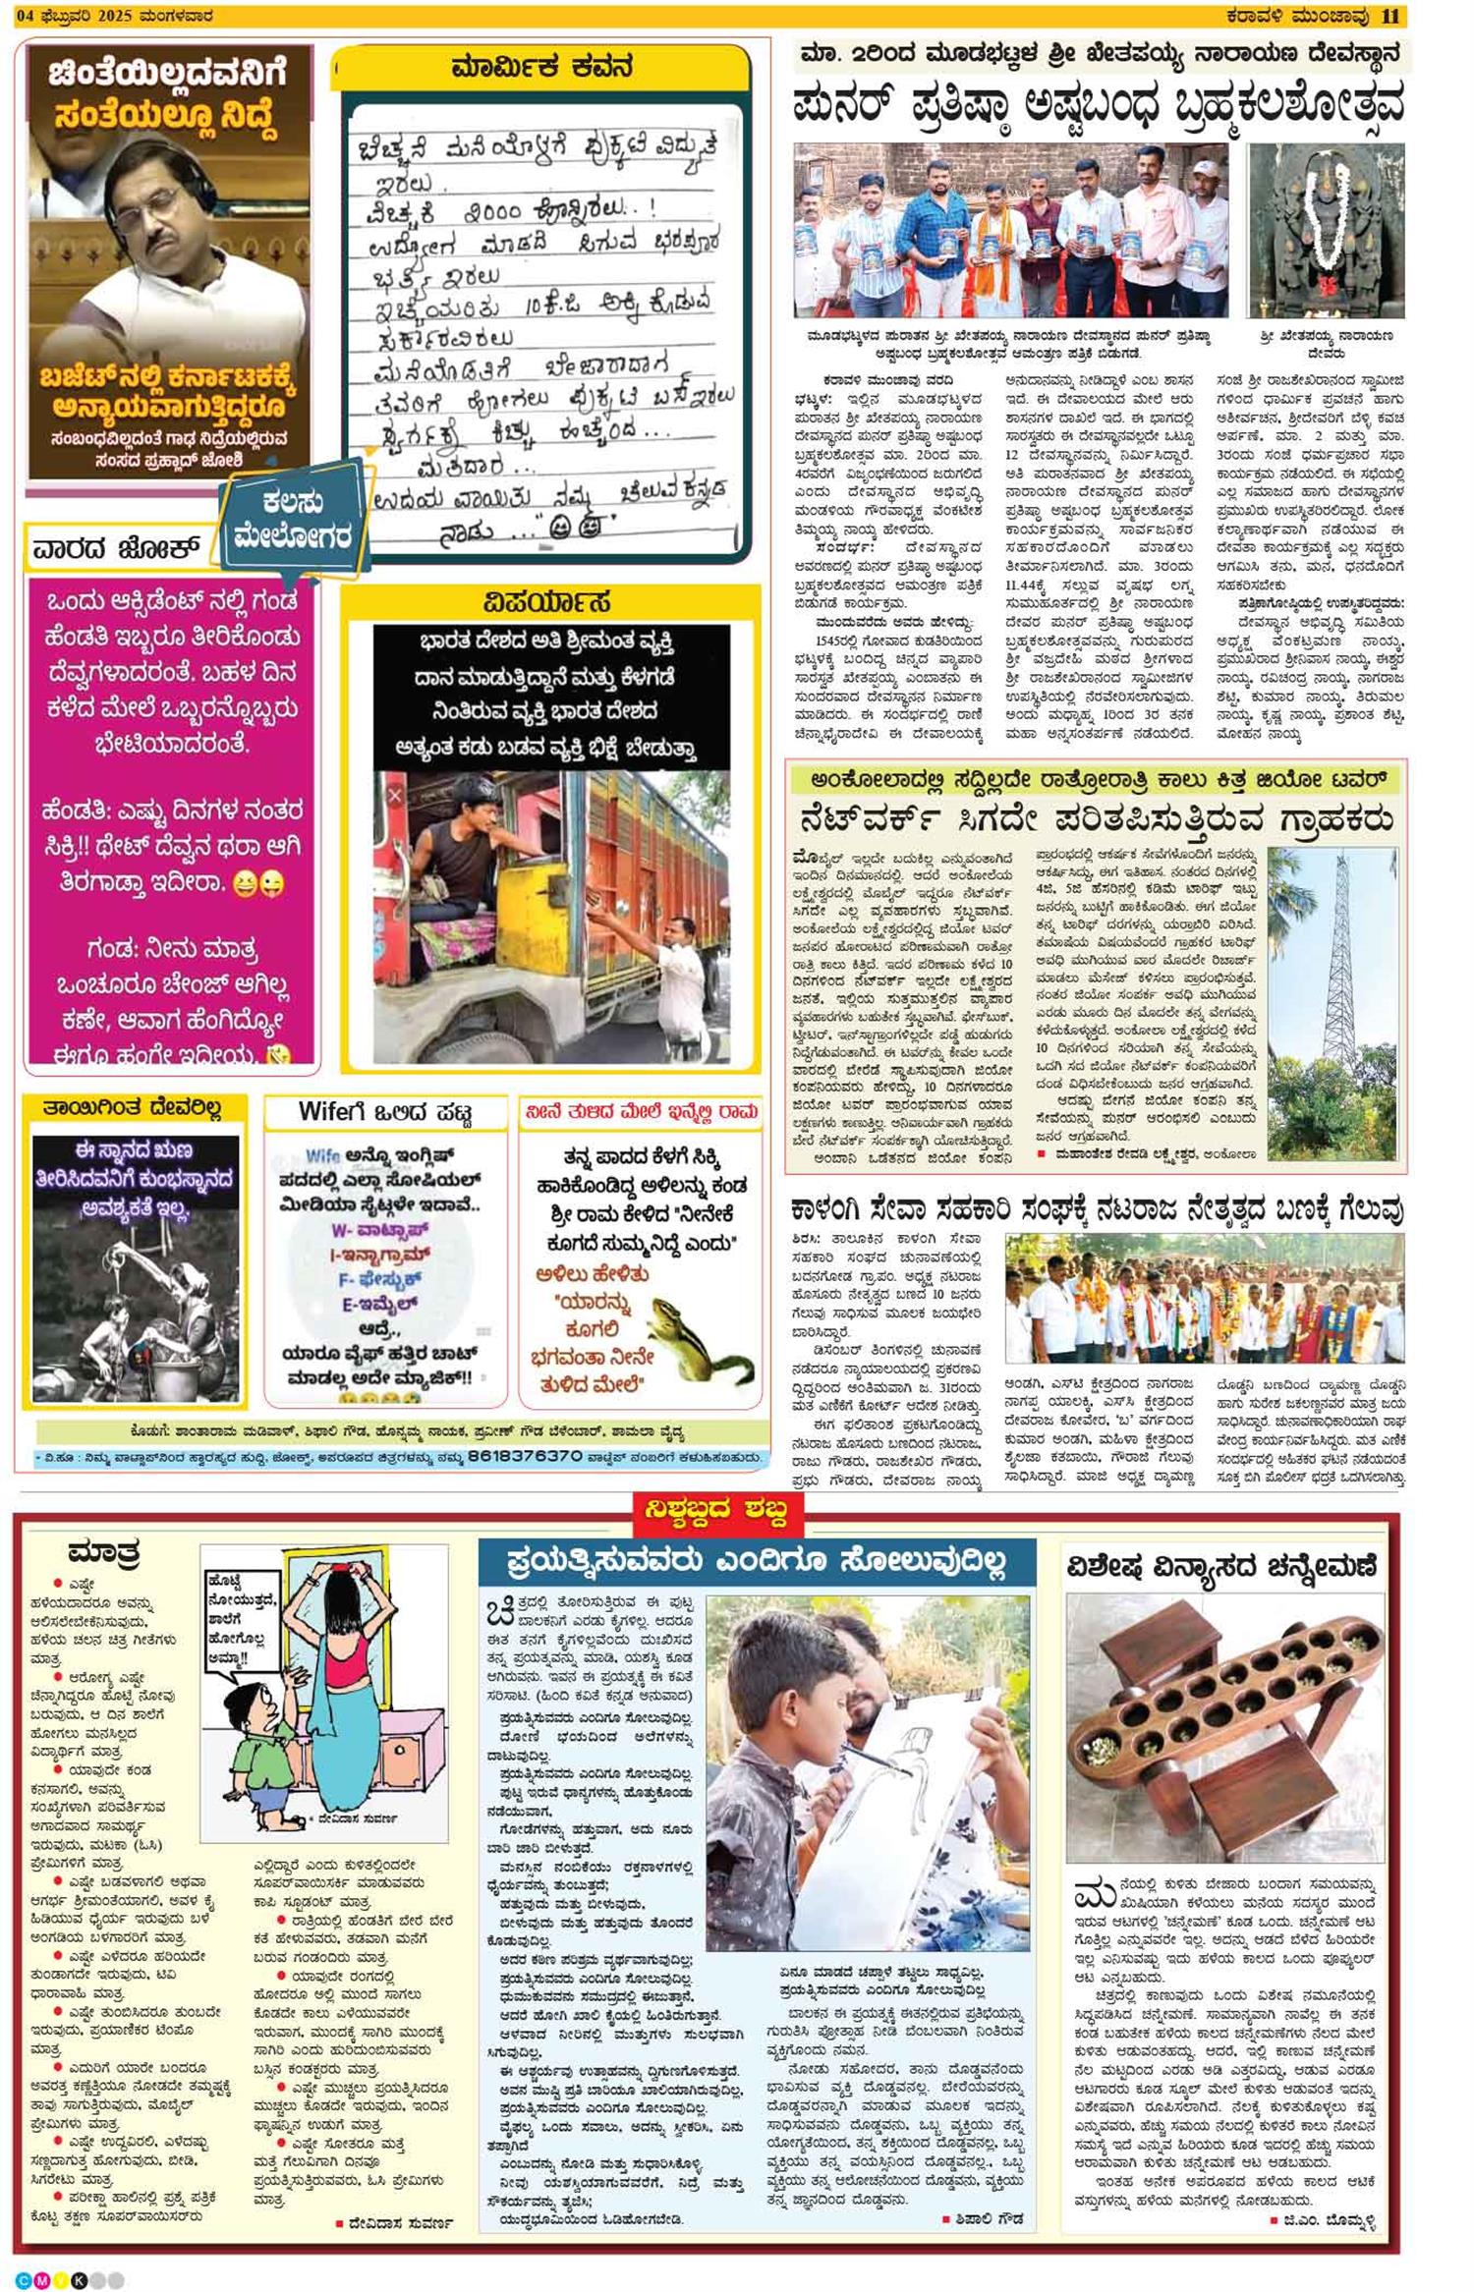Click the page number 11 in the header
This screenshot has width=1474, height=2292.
(x=1390, y=16)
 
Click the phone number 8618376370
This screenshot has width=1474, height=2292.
(x=525, y=1456)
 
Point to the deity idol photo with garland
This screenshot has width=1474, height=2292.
(x=1326, y=231)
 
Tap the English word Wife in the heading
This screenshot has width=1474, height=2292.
(x=324, y=1113)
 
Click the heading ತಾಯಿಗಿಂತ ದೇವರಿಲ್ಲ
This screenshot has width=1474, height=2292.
(x=131, y=1109)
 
